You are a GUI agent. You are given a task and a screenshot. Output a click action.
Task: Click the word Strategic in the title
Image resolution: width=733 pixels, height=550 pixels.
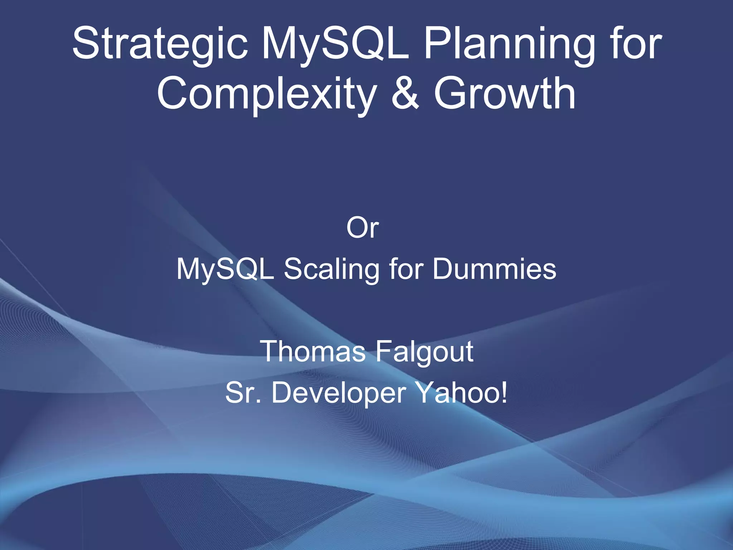160,45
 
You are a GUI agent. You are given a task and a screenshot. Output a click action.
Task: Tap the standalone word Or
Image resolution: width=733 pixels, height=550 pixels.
362,228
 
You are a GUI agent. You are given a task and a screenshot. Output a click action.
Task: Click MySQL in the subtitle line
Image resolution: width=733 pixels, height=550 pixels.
225,269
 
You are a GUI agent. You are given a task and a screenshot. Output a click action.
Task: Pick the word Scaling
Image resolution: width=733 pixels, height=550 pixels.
331,269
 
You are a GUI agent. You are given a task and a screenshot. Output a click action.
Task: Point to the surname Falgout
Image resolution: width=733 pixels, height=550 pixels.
424,352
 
